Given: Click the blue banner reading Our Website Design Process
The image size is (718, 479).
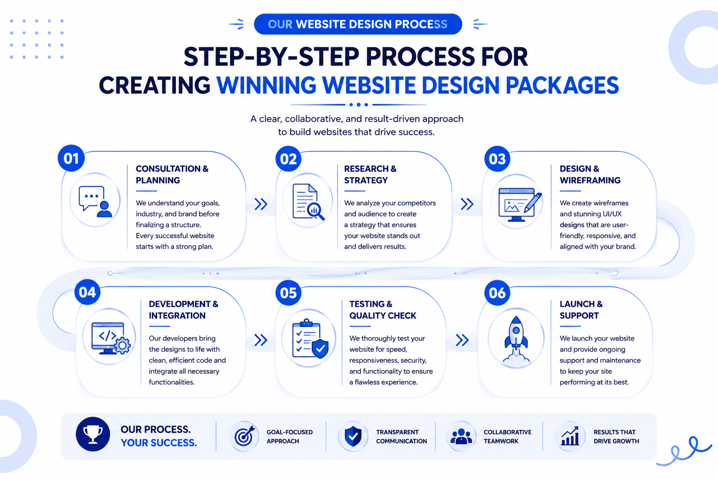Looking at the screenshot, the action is coord(358,24).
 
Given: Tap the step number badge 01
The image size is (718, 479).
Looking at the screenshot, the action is coord(71,158).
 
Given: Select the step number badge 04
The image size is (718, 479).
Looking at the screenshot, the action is coord(87,292).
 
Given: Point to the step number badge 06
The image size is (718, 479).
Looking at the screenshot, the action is coord(497,293).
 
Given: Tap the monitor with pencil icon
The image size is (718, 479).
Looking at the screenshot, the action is coord(520,204).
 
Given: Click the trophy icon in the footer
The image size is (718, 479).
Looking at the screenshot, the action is coord(93,434).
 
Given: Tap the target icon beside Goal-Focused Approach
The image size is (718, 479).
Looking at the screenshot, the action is coord(244,435).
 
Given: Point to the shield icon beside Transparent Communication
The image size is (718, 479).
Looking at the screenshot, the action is coord(353,436).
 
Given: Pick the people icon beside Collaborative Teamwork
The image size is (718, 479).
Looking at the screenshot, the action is coord(461,436).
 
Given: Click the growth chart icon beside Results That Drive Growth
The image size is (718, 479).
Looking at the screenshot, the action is coord(570,435).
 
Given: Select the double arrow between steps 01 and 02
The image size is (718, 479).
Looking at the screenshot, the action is coord(261,204).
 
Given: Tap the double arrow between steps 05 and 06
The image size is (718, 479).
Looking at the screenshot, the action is coord(462,340).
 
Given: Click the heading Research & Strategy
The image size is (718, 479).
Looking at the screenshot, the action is coord(370,174).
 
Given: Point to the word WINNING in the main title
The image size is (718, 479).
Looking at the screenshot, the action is coord(267,85).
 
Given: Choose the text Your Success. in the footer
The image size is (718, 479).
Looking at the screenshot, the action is coord(159,443).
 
